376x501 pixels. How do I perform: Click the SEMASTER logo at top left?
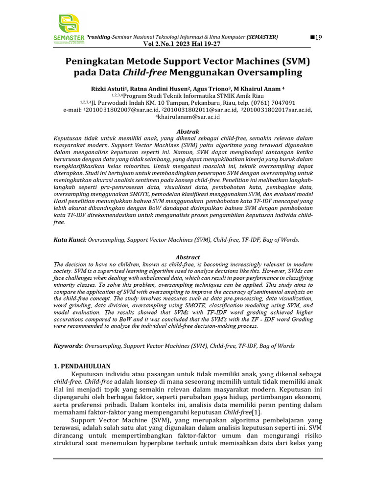pyautogui.click(x=71, y=29)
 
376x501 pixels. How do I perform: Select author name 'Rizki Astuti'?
pyautogui.click(x=108, y=89)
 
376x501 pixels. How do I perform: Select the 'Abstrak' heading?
pyautogui.click(x=188, y=132)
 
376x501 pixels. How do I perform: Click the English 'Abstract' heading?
pyautogui.click(x=188, y=257)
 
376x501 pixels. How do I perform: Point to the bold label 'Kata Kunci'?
pyautogui.click(x=69, y=240)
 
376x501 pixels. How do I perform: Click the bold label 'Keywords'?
pyautogui.click(x=68, y=346)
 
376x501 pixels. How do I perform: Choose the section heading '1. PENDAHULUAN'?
pyautogui.click(x=82, y=366)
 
